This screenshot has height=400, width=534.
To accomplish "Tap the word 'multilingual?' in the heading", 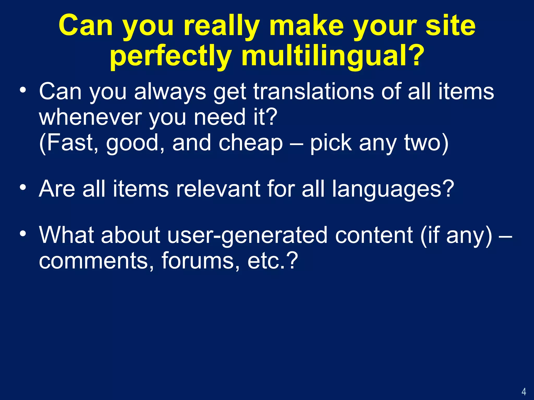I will tap(333, 56).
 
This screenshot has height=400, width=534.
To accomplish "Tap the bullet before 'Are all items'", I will tap(23, 187).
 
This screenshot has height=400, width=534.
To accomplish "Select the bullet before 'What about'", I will tap(23, 234).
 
